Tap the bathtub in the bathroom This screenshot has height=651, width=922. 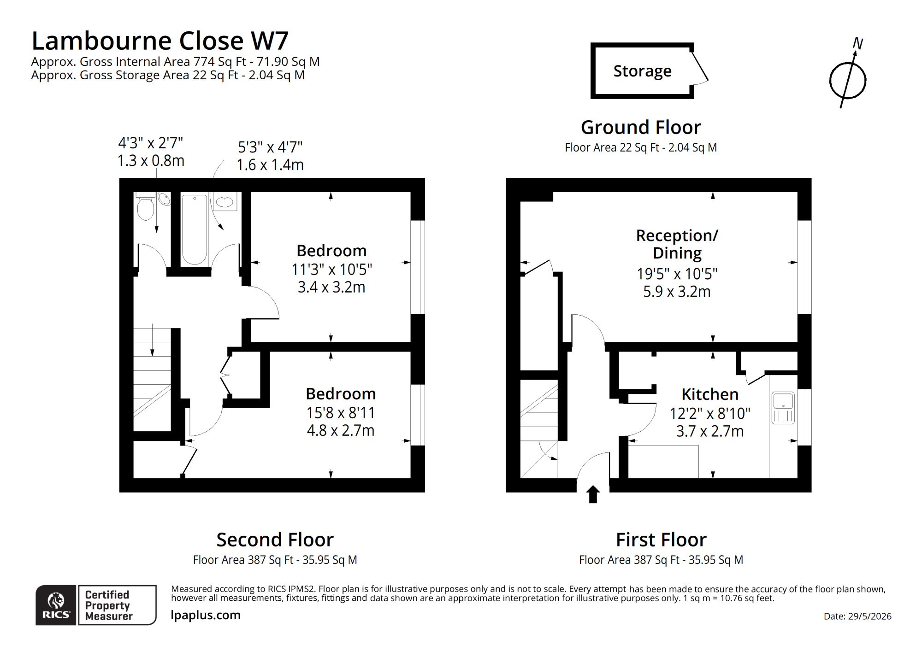click(x=194, y=229)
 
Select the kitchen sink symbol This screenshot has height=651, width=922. click(x=783, y=408)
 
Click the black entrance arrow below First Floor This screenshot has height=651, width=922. click(x=593, y=494)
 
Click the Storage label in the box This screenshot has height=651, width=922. click(x=642, y=71)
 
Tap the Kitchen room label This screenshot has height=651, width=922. click(x=710, y=394)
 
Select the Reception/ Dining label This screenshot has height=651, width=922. click(x=677, y=244)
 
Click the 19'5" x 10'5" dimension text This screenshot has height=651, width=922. click(x=677, y=274)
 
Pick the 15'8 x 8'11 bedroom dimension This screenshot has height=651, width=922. click(x=341, y=413)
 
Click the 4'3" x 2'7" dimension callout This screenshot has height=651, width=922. click(x=151, y=143)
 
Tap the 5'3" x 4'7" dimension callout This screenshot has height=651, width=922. click(x=270, y=147)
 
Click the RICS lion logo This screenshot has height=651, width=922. click(x=56, y=605)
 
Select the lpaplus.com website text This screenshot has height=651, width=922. click(x=206, y=615)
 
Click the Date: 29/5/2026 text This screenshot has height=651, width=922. click(x=857, y=616)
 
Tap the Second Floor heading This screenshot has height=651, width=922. click(x=275, y=540)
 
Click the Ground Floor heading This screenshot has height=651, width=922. click(x=641, y=127)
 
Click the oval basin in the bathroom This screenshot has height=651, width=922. click(x=225, y=202)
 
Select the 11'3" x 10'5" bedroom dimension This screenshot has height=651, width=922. click(x=331, y=269)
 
